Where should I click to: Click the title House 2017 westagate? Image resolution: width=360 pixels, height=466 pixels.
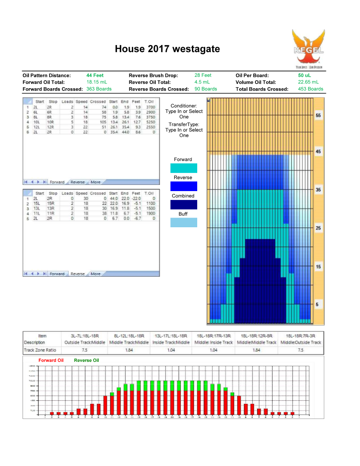[167, 49]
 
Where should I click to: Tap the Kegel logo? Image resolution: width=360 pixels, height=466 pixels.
[308, 49]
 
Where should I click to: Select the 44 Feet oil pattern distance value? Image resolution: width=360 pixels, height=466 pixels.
[95, 75]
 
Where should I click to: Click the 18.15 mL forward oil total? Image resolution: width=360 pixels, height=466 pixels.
[97, 82]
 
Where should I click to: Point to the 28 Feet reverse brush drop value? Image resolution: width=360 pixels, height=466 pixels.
[203, 75]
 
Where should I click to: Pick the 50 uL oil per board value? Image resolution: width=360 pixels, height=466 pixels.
[304, 75]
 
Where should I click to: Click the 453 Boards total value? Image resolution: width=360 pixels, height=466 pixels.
[311, 89]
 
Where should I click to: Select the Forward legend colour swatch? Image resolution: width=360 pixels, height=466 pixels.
[184, 168]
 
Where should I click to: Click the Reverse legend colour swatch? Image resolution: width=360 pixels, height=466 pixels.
[184, 186]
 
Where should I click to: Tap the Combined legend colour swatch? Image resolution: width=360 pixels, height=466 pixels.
[184, 204]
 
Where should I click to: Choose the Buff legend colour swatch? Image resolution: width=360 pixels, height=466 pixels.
[184, 223]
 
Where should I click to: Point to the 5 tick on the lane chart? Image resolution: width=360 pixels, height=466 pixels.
[319, 305]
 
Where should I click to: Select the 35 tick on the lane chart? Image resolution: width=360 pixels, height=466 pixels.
[319, 190]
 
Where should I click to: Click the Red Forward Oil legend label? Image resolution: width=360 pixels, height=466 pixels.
[51, 360]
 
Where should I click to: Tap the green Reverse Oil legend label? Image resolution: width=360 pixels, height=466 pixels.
[86, 360]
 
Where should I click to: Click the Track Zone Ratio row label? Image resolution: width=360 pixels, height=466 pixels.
[41, 349]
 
